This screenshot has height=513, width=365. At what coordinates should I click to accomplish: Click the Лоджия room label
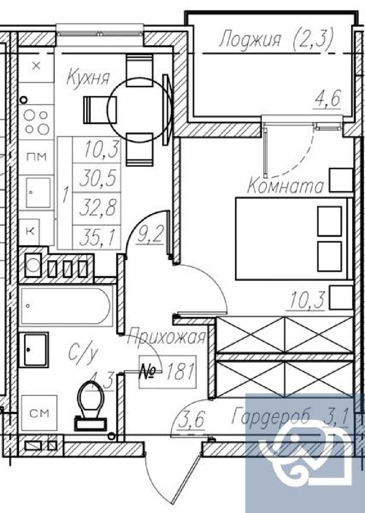(250, 40)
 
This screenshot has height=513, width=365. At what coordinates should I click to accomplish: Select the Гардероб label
(271, 415)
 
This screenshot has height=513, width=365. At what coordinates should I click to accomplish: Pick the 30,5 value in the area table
(98, 178)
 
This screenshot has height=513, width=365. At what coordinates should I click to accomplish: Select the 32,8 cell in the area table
(98, 207)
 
